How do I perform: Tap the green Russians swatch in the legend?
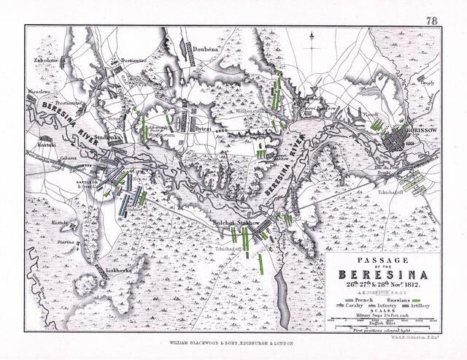pos(417,301)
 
